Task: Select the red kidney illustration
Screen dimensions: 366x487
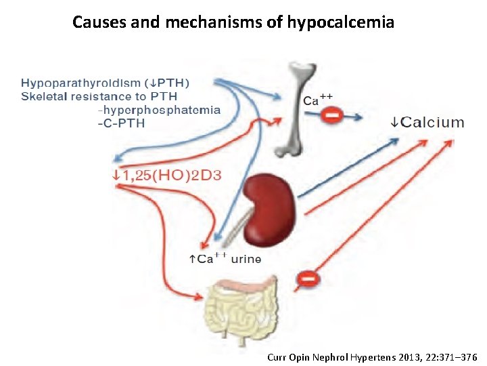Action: [x=270, y=209]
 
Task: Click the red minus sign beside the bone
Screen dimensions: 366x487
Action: [x=331, y=117]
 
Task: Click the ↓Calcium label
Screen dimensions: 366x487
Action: [x=427, y=123]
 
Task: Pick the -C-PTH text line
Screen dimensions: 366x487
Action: [x=122, y=123]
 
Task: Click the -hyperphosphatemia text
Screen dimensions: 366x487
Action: [x=159, y=110]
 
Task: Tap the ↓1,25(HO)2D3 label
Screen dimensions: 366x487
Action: [x=166, y=175]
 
